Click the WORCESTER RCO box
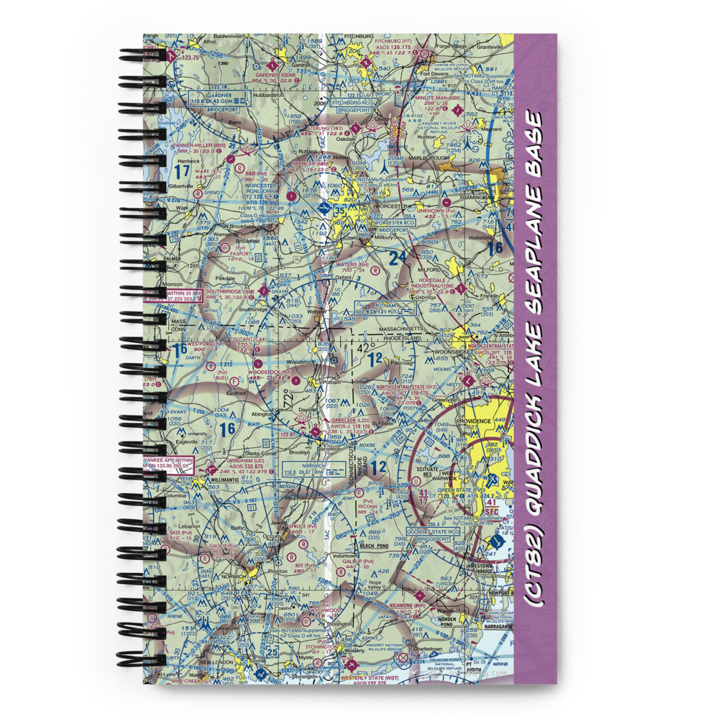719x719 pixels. pos(384,224)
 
